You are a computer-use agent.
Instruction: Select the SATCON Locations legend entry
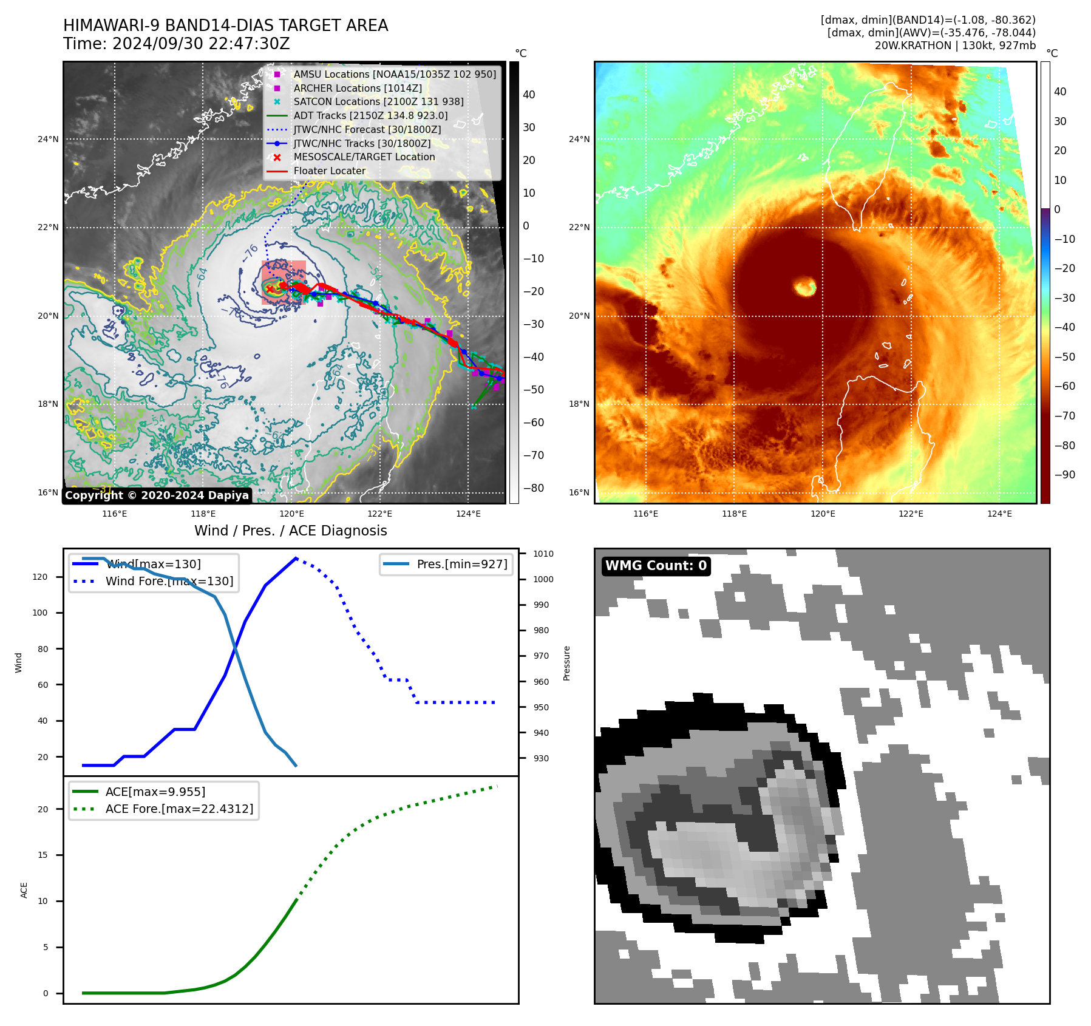378,102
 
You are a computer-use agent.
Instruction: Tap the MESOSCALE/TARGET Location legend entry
364,157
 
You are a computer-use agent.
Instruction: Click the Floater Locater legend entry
330,171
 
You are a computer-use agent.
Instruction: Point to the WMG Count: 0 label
656,566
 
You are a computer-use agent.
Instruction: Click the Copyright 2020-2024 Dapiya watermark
157,495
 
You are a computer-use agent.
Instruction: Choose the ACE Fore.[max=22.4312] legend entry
179,809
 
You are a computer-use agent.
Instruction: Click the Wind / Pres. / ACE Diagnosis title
290,531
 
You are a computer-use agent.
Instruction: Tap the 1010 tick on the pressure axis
543,554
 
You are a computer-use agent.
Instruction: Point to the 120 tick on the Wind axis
40,577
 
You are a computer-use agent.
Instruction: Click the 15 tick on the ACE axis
43,855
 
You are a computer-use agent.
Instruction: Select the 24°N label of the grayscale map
48,139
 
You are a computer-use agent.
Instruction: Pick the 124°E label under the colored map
999,514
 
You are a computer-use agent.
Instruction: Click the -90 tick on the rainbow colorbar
1064,475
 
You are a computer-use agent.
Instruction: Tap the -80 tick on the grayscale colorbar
534,488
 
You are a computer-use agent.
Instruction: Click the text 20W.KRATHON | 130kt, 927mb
955,46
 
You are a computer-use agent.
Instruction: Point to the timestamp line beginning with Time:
177,44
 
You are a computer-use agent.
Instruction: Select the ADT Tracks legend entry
370,116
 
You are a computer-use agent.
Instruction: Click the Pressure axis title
567,663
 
